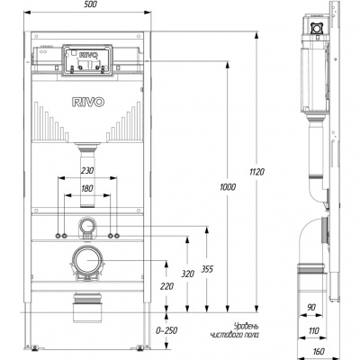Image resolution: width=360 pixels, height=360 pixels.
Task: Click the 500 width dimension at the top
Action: [x=91, y=4]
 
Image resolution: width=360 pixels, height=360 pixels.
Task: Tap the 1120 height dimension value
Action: [x=257, y=172]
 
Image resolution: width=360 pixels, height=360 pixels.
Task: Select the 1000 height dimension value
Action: [x=228, y=187]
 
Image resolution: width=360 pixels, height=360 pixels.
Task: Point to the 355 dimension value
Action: [x=207, y=269]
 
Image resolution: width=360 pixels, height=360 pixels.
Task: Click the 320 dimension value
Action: [x=188, y=274]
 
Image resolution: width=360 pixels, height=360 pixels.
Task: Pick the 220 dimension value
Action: [x=166, y=286]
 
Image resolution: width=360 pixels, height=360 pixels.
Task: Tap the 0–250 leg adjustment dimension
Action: [x=166, y=330]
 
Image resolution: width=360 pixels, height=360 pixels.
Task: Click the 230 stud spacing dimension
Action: [x=87, y=170]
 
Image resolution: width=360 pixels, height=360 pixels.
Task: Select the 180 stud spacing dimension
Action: [x=87, y=188]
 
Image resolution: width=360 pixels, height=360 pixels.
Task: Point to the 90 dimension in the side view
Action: [x=311, y=307]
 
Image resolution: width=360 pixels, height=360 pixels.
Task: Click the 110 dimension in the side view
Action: [x=314, y=330]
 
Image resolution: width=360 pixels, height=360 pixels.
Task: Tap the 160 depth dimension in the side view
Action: [x=319, y=351]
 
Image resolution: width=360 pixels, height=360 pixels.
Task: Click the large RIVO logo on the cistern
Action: [x=88, y=102]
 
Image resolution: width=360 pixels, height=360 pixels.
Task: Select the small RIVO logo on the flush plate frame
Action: [x=88, y=55]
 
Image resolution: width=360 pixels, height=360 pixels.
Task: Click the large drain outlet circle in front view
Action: [x=87, y=260]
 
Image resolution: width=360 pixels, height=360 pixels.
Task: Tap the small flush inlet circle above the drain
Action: [x=87, y=225]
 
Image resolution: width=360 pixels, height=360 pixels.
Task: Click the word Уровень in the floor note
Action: [x=246, y=327]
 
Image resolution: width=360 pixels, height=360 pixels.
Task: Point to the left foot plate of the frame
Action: [x=34, y=348]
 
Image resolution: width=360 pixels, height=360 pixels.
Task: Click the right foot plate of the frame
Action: [x=140, y=348]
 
